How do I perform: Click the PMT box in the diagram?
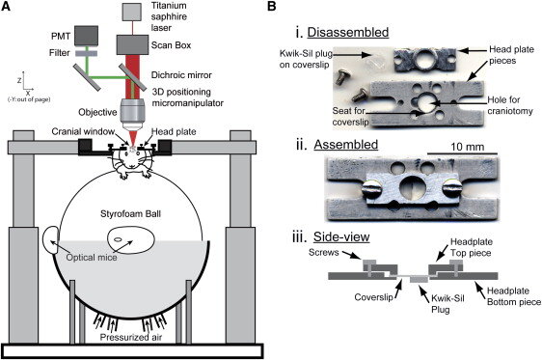tap(86, 36)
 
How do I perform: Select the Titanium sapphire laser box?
tap(132, 12)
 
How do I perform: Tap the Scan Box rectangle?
tap(132, 44)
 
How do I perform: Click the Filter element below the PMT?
tap(86, 53)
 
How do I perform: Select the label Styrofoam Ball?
tap(130, 214)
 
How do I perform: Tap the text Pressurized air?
tap(130, 337)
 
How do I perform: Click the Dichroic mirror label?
tap(181, 75)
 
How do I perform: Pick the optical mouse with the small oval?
tap(131, 240)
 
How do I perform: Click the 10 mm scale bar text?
tap(467, 147)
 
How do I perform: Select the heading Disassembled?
tap(348, 32)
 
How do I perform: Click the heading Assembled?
tap(345, 145)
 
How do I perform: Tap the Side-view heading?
tap(341, 236)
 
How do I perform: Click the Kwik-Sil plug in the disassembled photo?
tap(374, 64)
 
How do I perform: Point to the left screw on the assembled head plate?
tap(371, 189)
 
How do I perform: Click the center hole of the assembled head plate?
tap(412, 188)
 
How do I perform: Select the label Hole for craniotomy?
tap(510, 105)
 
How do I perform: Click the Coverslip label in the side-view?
tap(373, 297)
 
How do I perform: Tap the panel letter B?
tap(272, 6)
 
